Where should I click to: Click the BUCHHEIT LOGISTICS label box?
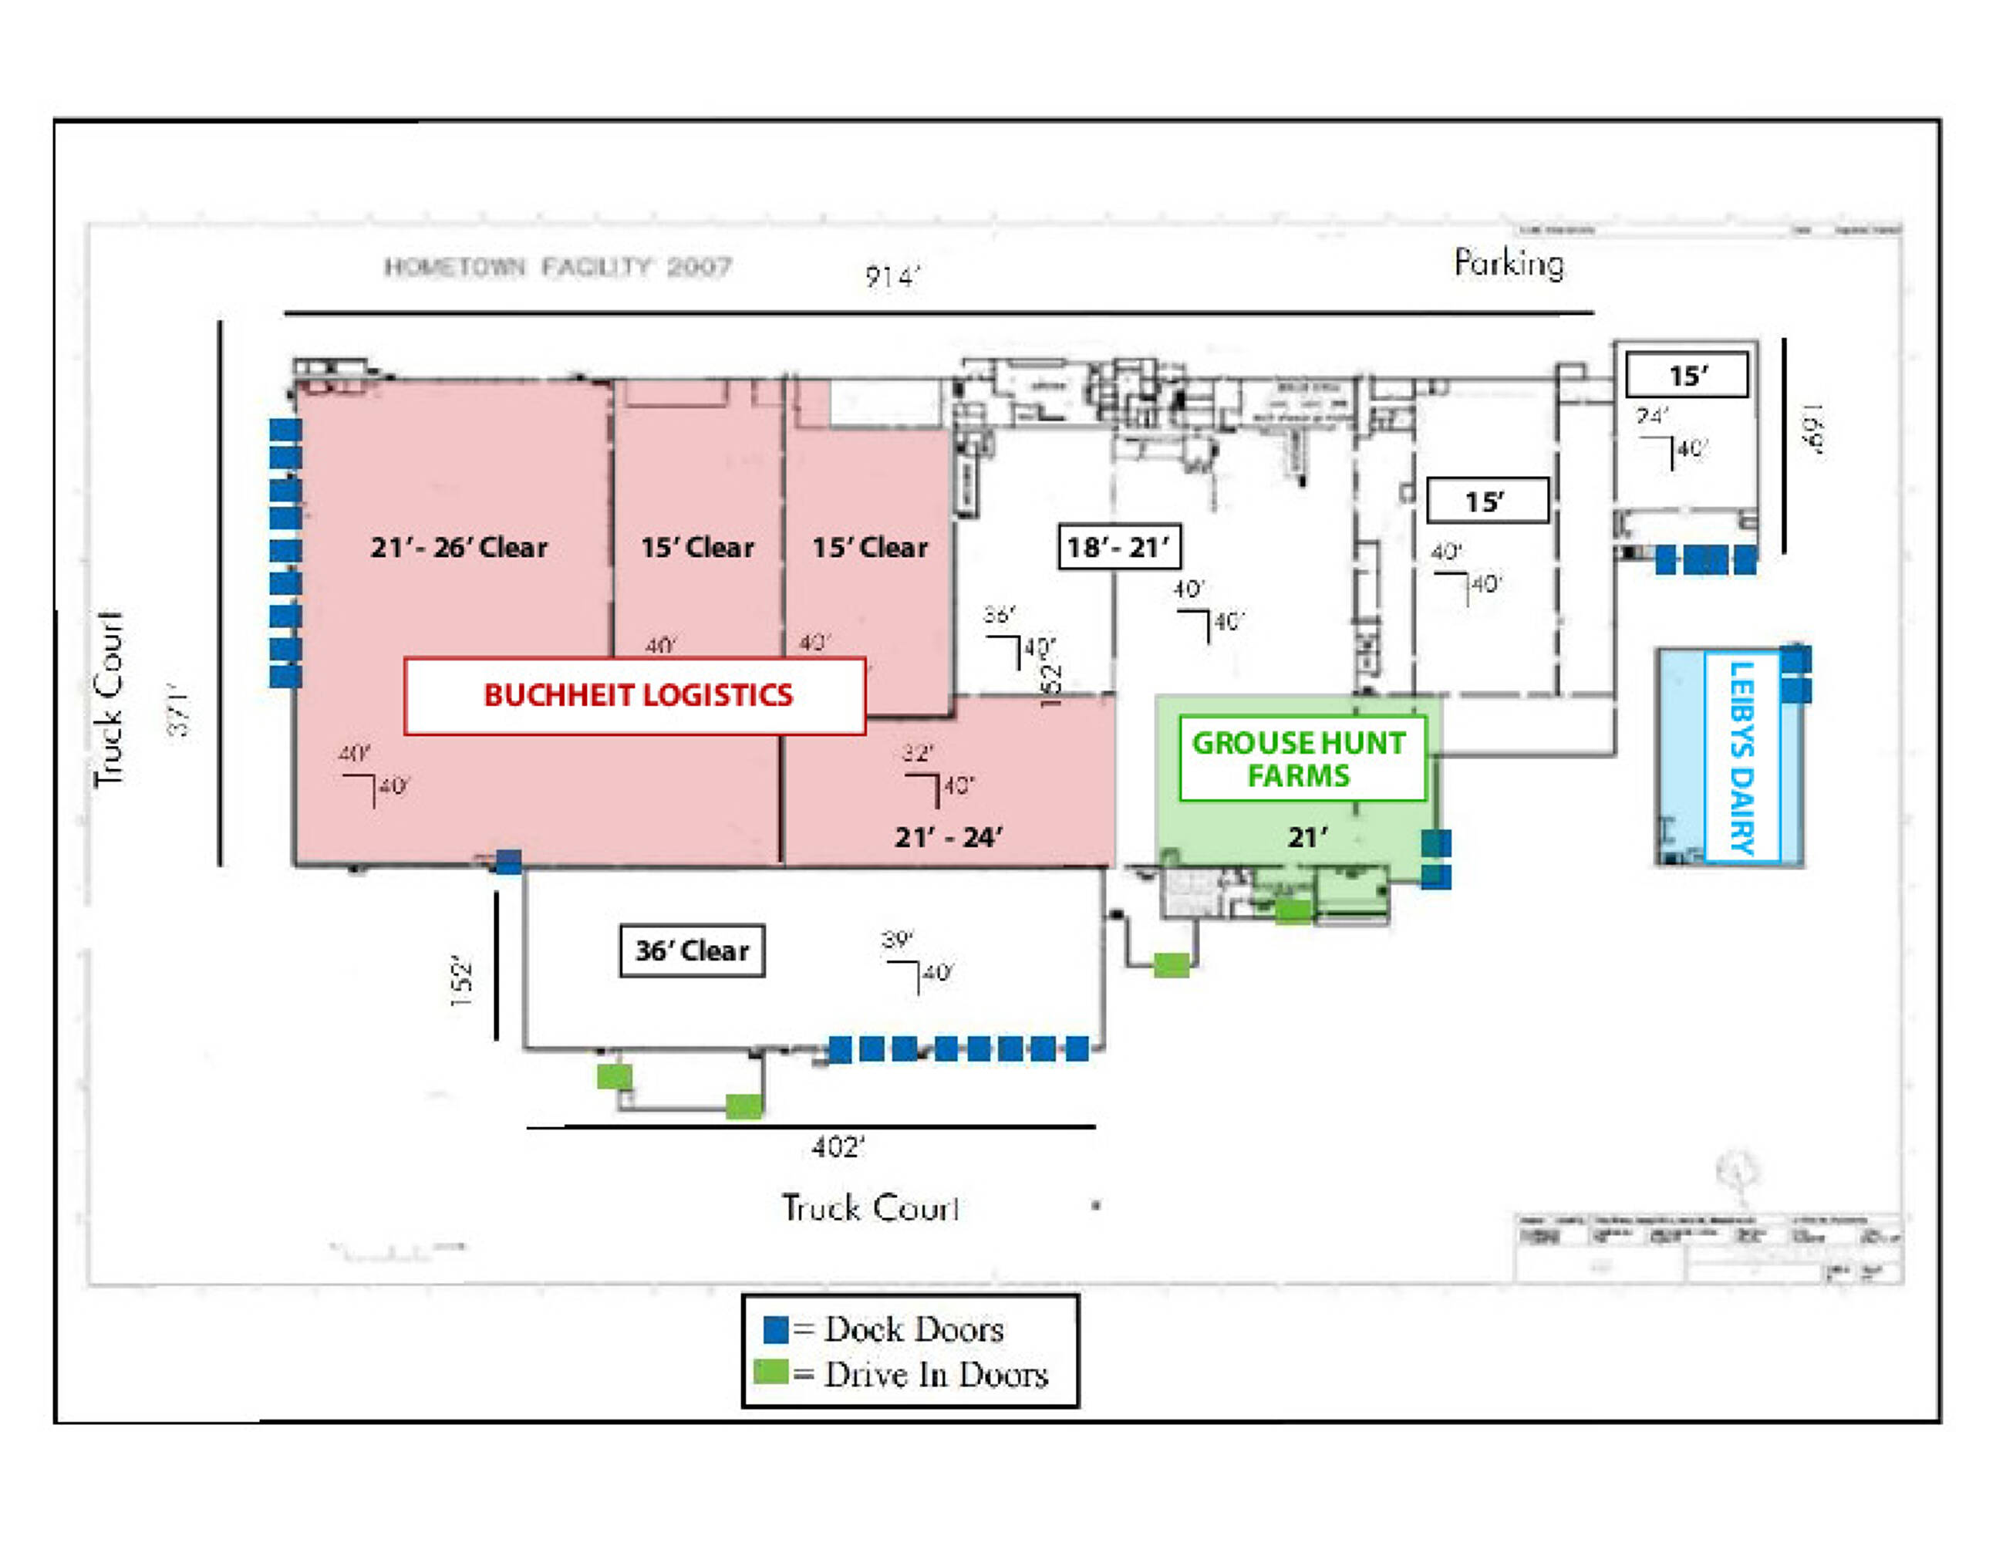click(636, 696)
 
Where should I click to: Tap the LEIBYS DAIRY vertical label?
click(1742, 758)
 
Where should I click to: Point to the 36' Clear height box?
click(692, 951)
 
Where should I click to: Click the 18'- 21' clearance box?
click(1118, 548)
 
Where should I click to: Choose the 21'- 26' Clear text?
click(459, 548)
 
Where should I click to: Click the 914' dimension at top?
click(892, 276)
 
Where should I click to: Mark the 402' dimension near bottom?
click(837, 1147)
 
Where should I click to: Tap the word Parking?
click(1509, 264)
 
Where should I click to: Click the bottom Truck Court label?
click(870, 1208)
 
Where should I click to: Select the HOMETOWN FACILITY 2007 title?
click(558, 267)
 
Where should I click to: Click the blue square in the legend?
click(775, 1330)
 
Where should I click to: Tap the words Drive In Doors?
click(936, 1375)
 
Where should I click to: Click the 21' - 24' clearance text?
click(949, 837)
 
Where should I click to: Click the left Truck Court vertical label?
click(109, 698)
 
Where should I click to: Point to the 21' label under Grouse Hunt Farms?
click(1308, 837)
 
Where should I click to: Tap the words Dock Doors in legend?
click(914, 1330)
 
